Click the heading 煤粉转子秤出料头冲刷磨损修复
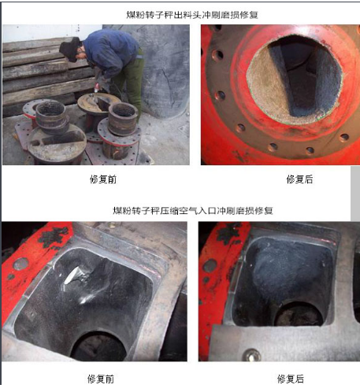click(x=192, y=15)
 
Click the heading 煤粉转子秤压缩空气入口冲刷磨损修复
click(x=193, y=210)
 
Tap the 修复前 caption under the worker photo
click(x=103, y=179)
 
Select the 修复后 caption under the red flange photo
click(x=299, y=179)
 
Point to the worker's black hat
click(x=70, y=50)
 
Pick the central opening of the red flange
click(x=295, y=79)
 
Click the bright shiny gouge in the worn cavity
click(x=72, y=275)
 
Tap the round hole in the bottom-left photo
click(x=98, y=346)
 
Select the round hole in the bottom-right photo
click(x=299, y=314)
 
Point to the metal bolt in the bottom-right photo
click(x=251, y=355)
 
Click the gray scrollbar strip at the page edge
click(x=355, y=194)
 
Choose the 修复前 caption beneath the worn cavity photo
click(x=101, y=379)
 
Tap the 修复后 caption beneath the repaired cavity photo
click(x=291, y=379)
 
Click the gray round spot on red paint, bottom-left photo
click(x=20, y=264)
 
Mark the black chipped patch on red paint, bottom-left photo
click(x=54, y=237)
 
